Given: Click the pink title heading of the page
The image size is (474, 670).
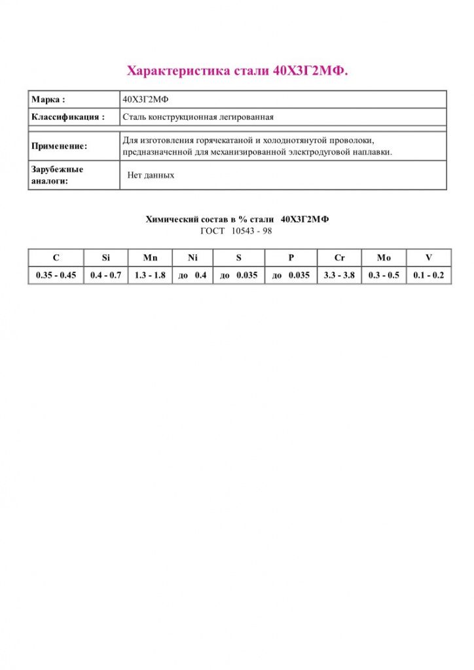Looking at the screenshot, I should click(237, 71).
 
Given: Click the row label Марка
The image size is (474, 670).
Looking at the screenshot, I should click(48, 99).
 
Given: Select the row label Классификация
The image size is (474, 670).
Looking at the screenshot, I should click(68, 117).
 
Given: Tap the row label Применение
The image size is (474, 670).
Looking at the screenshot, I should click(59, 147).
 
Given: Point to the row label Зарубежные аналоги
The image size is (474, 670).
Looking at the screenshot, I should click(57, 175).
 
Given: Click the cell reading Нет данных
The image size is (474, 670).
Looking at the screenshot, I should click(151, 175).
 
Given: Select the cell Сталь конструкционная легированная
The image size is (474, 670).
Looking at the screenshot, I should click(198, 117).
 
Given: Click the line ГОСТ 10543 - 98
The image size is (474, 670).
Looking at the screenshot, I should click(236, 231).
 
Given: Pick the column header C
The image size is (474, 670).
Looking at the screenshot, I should click(56, 258).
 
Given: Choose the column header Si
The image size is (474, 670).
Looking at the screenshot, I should click(106, 258).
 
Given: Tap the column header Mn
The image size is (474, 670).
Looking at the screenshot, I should click(150, 258).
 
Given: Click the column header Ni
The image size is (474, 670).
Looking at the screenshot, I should click(192, 258).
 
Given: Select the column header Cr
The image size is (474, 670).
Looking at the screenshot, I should click(339, 258).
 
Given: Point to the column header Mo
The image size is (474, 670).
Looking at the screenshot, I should click(384, 258).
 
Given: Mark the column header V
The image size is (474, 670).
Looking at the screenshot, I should click(429, 258).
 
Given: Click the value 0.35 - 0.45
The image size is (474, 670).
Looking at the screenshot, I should click(56, 275).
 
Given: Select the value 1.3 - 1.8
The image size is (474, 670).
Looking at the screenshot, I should click(150, 275).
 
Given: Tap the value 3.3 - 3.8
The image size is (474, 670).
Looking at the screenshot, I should click(339, 275).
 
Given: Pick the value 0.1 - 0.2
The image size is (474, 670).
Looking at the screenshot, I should click(429, 275).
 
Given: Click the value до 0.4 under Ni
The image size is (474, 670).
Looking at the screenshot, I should click(192, 275).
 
